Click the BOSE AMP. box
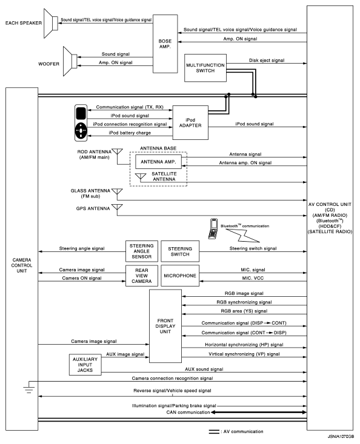click(165, 44)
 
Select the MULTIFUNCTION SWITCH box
click(205, 68)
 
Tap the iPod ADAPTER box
click(190, 122)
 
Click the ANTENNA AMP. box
click(158, 162)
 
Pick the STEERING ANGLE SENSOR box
click(142, 251)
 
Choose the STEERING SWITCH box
click(180, 251)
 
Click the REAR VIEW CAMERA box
click(142, 276)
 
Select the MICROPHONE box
click(180, 276)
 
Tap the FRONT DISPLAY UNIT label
click(165, 326)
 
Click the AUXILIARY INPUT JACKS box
click(85, 365)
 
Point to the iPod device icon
click(81, 123)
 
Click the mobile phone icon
click(213, 228)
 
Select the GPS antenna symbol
click(117, 208)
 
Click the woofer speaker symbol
click(70, 61)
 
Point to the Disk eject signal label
click(267, 61)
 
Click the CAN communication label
click(188, 413)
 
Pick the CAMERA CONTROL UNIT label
click(22, 265)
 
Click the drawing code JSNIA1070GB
click(341, 436)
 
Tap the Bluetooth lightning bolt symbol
click(243, 236)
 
